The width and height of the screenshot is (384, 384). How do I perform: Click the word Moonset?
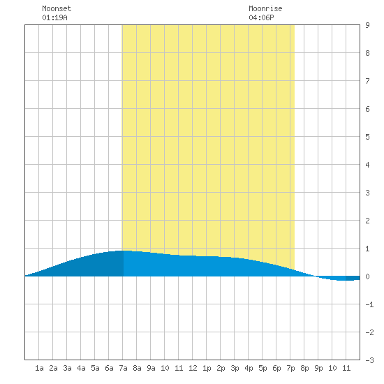(x=57, y=8)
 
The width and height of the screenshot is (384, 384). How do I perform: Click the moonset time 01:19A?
(x=54, y=17)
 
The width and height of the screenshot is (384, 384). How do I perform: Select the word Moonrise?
(x=265, y=8)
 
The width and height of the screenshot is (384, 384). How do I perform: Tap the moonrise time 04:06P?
(x=261, y=17)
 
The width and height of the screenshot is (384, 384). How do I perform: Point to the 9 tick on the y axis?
(x=367, y=25)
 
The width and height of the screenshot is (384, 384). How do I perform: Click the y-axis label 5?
(x=367, y=137)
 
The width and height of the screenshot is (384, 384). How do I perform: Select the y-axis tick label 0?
(x=367, y=276)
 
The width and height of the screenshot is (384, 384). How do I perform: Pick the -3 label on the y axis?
(x=369, y=360)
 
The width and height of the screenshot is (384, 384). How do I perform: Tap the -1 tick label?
(x=369, y=304)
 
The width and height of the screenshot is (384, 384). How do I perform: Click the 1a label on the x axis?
(x=39, y=368)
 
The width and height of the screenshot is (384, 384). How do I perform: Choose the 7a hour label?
(x=123, y=368)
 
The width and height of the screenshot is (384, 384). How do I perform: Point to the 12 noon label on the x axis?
(x=193, y=368)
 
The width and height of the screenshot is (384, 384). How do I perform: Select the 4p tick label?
(x=249, y=368)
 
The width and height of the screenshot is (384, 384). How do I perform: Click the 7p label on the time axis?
(x=290, y=368)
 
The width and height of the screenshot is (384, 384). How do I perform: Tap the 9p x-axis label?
(x=318, y=368)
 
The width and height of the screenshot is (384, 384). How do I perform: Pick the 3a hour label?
(x=67, y=368)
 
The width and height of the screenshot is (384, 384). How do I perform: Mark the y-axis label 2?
(x=367, y=221)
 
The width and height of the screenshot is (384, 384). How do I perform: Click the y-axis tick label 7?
(x=367, y=81)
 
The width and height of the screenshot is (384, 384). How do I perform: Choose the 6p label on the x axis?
(x=276, y=368)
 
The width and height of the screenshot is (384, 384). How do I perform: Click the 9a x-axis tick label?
(x=151, y=368)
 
